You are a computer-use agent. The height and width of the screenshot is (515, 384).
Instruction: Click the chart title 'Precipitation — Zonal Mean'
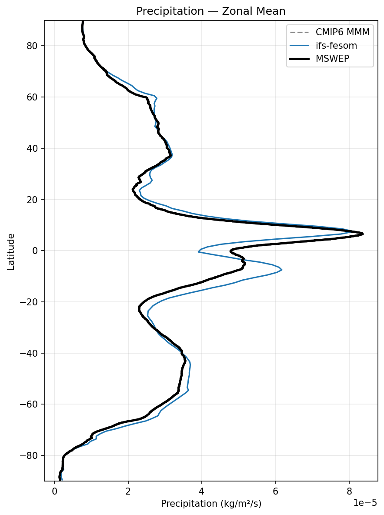pos(211,11)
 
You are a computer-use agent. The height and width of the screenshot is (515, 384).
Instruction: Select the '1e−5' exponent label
pos(364,503)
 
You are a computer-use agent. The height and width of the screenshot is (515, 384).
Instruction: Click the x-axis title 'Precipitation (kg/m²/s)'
pos(211,504)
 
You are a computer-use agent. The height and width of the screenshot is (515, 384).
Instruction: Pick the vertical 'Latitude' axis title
pos(11,251)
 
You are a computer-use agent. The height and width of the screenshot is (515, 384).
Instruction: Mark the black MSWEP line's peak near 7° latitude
pos(363,234)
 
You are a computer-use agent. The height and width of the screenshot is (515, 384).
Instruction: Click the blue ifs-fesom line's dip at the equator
pos(199,251)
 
